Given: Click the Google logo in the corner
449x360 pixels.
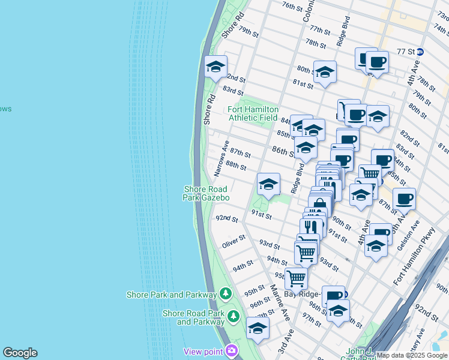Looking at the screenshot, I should (20, 353).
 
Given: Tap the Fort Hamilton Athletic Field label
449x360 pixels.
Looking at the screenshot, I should (253, 113).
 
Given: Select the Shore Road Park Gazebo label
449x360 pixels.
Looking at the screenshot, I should (206, 193).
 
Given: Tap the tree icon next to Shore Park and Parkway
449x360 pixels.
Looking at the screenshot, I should (225, 294).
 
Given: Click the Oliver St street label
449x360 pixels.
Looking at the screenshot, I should (234, 242).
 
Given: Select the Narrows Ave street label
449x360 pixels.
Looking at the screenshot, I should (221, 159).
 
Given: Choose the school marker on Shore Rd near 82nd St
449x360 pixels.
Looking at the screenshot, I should (215, 67).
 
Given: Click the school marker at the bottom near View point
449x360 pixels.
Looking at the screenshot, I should (258, 328).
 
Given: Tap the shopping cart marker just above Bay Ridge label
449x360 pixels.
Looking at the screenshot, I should (296, 278).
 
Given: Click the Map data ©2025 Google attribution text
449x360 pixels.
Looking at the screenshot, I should (412, 355).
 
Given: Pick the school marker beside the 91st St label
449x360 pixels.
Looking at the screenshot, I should (268, 184).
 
